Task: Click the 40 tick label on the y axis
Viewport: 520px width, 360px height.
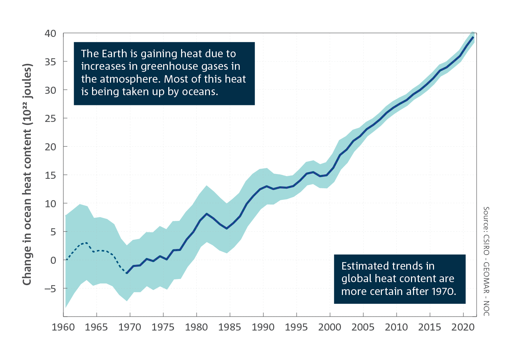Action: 50,34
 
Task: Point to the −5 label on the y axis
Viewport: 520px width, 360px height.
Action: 50,289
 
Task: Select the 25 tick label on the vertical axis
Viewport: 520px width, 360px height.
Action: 50,119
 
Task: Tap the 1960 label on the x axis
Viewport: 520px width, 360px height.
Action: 63,327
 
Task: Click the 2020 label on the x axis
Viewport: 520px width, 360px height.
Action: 463,327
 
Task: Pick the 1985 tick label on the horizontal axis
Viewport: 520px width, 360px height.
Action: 230,327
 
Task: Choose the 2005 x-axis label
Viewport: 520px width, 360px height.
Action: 363,327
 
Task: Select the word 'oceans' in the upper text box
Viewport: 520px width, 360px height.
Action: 200,92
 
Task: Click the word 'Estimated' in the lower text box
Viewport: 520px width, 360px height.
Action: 365,266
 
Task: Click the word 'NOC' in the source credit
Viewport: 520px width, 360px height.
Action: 486,309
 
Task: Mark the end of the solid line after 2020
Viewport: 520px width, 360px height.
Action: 473,37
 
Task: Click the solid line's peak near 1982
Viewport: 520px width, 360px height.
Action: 207,213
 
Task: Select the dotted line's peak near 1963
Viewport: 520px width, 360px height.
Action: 86,243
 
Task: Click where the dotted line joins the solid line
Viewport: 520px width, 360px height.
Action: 127,273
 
